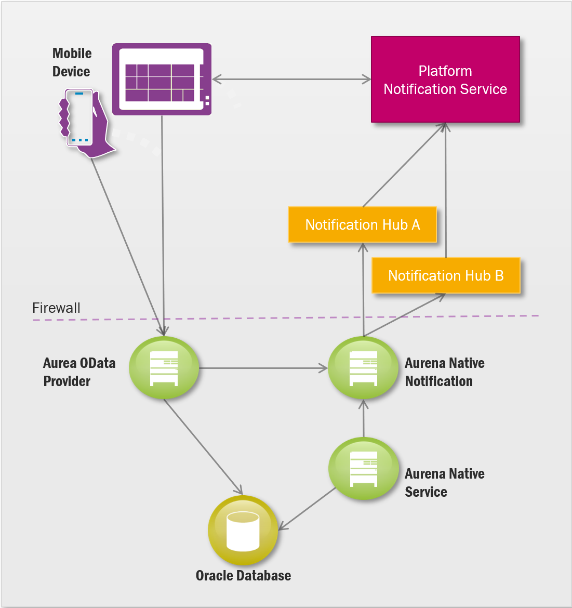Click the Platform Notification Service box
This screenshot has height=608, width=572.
click(445, 80)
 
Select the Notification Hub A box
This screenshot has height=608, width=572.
click(362, 224)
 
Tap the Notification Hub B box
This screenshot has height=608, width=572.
click(446, 275)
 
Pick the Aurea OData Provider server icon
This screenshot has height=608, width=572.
click(164, 368)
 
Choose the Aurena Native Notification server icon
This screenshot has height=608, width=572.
click(363, 368)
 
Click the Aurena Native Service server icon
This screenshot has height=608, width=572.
click(363, 469)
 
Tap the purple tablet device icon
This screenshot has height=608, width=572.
click(162, 79)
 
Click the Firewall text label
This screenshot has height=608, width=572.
click(56, 308)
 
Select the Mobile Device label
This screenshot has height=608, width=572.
click(72, 62)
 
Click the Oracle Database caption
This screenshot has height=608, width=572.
click(243, 575)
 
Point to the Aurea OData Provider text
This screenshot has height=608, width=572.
click(79, 372)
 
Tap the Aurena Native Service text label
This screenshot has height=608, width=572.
click(444, 483)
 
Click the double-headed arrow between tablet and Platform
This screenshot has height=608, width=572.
click(291, 80)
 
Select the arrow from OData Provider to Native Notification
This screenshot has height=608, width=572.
click(263, 368)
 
